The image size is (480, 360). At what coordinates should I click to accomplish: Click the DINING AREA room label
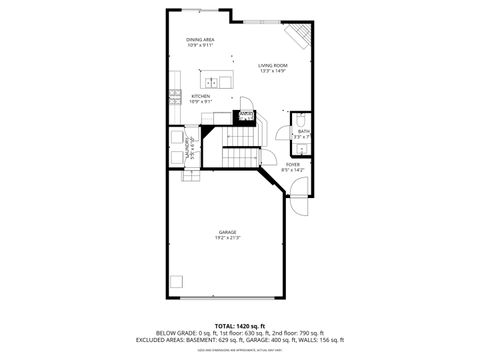pyautogui.click(x=200, y=39)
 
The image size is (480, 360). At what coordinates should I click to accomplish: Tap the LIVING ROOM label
pyautogui.click(x=273, y=64)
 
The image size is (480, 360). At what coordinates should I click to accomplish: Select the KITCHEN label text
pyautogui.click(x=200, y=96)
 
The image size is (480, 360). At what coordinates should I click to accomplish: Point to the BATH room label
pyautogui.click(x=303, y=131)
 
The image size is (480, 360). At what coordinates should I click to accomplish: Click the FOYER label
pyautogui.click(x=293, y=164)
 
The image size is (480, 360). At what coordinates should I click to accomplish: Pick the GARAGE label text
pyautogui.click(x=227, y=231)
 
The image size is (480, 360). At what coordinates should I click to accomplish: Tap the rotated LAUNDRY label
pyautogui.click(x=187, y=148)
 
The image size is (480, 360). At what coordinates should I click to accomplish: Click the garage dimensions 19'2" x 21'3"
pyautogui.click(x=227, y=238)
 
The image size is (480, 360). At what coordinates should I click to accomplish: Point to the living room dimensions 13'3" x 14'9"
pyautogui.click(x=273, y=70)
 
